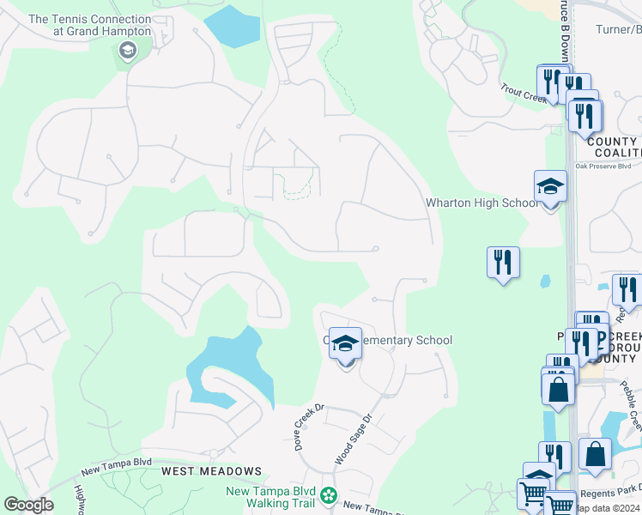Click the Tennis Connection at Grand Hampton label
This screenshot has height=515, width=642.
[x=89, y=25]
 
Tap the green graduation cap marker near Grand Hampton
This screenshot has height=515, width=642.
[x=127, y=51]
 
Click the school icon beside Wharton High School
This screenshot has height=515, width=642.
[x=550, y=186]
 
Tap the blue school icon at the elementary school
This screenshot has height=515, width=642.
[x=345, y=344]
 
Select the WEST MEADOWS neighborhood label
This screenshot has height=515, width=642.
[x=211, y=471]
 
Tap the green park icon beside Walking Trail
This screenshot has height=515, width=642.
[x=327, y=495]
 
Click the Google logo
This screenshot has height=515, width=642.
[x=28, y=505]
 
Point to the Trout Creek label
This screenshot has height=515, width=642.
[x=524, y=93]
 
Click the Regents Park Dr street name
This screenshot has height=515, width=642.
[x=610, y=488]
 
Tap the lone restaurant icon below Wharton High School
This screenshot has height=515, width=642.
[x=503, y=262]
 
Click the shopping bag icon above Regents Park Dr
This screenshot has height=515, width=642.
[x=595, y=455]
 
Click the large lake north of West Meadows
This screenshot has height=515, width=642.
[x=225, y=365]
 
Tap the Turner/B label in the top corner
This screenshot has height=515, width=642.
[x=618, y=30]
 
